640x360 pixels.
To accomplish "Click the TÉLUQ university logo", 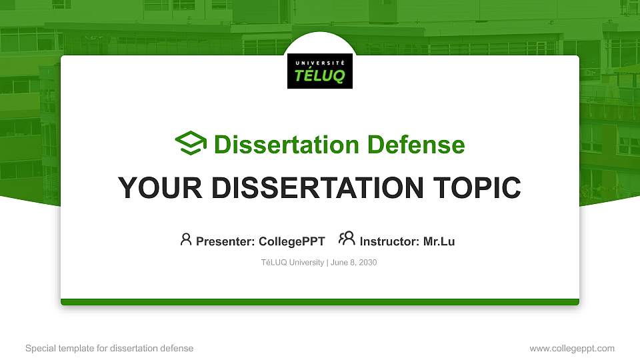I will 320,71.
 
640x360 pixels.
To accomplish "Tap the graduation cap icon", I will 191,144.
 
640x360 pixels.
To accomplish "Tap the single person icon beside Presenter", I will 186,239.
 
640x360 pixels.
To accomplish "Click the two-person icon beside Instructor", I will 347,239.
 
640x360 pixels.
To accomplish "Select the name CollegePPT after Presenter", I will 291,241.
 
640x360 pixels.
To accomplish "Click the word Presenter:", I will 225,241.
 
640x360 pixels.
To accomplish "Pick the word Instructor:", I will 389,241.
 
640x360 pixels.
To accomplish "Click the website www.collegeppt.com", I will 571,348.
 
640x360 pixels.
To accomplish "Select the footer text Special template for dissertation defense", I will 109,348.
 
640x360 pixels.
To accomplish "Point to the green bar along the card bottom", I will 320,302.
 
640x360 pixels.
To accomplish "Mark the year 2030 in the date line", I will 367,263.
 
